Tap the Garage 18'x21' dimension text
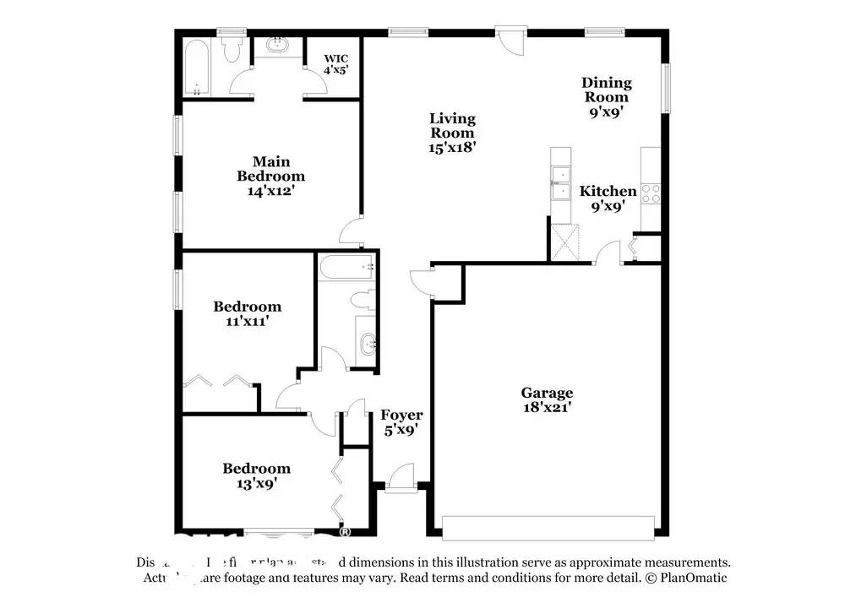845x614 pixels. pyautogui.click(x=547, y=408)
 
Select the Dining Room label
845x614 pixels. pyautogui.click(x=606, y=90)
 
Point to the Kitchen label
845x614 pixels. pyautogui.click(x=608, y=192)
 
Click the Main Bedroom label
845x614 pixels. pyautogui.click(x=270, y=169)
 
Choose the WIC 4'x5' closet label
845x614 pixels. pyautogui.click(x=335, y=59)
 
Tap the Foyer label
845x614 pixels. pyautogui.click(x=401, y=415)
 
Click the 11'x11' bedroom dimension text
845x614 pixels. pyautogui.click(x=247, y=321)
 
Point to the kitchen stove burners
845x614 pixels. pyautogui.click(x=651, y=193)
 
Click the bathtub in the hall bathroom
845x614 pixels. pyautogui.click(x=345, y=269)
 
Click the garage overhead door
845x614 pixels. pyautogui.click(x=548, y=528)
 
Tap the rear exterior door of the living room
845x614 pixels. pyautogui.click(x=510, y=39)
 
